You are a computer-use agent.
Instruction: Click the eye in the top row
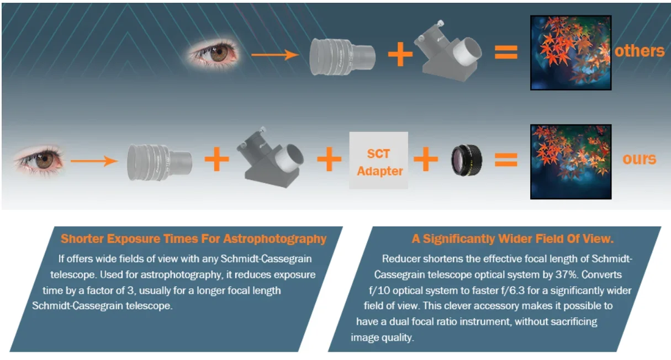point(213,54)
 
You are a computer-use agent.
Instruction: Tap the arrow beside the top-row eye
point(275,55)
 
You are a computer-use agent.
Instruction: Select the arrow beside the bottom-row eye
point(102,161)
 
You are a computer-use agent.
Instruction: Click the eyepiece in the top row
point(342,55)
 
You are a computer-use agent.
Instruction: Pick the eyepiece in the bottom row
point(159,161)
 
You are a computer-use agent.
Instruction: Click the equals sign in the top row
point(505,52)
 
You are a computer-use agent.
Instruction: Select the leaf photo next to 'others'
point(570,52)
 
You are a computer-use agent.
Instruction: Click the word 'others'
point(639,51)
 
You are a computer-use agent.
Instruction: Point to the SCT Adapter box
point(379,160)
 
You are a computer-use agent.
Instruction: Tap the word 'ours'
point(639,159)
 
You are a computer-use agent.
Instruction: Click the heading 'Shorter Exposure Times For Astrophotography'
point(193,239)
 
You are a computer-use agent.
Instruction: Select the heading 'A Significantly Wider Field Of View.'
point(513,239)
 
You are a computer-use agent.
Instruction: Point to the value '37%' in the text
point(596,274)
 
